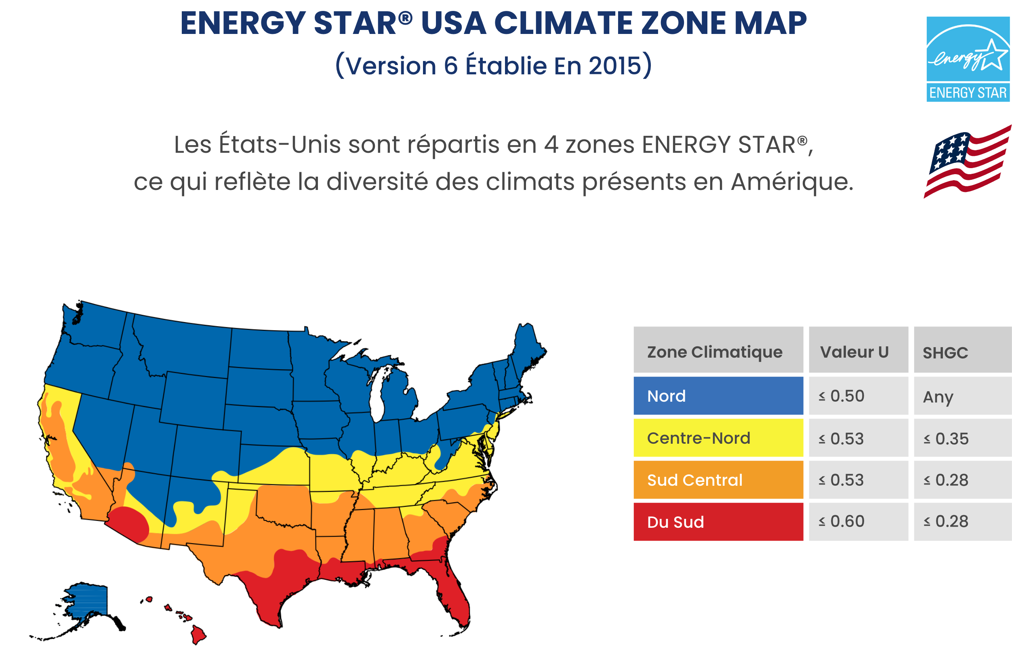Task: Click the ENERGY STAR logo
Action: click(968, 59)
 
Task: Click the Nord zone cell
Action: click(718, 396)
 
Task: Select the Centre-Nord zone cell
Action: click(718, 438)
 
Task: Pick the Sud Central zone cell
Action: click(718, 480)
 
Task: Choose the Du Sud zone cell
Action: click(718, 522)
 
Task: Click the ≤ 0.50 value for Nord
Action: click(858, 396)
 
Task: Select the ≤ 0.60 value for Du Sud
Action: click(858, 522)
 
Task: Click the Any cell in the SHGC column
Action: click(962, 396)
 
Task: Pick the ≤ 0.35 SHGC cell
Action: click(962, 438)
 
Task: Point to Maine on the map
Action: click(527, 346)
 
